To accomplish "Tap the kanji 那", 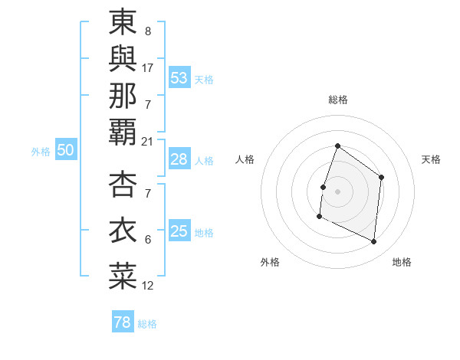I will click(123, 95).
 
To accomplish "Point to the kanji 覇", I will click(123, 131).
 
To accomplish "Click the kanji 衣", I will click(123, 230).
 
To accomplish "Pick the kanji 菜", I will click(123, 276).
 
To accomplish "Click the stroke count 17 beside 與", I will click(148, 67).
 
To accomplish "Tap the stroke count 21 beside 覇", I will click(148, 141).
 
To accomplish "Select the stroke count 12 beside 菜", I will click(148, 286).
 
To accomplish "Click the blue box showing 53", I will click(179, 78).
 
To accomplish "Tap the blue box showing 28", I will click(179, 160).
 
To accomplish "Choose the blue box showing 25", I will click(179, 232).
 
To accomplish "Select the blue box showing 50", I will click(66, 151).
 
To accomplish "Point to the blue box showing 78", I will click(123, 322).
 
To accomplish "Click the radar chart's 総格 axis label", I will click(338, 100).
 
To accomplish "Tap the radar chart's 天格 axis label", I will click(432, 159).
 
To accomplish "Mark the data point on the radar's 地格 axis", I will click(373, 241).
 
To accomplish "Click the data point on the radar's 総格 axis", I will click(337, 146).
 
